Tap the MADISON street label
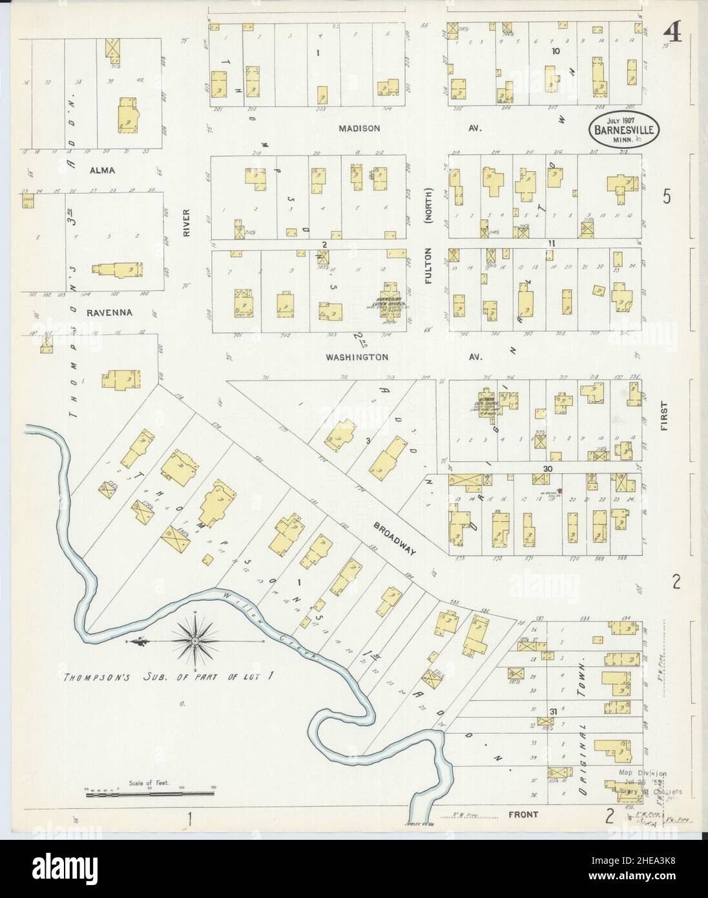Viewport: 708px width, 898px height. tap(360, 129)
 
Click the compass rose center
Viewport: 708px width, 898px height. tap(194, 641)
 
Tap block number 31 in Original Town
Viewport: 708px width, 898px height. tap(553, 711)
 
